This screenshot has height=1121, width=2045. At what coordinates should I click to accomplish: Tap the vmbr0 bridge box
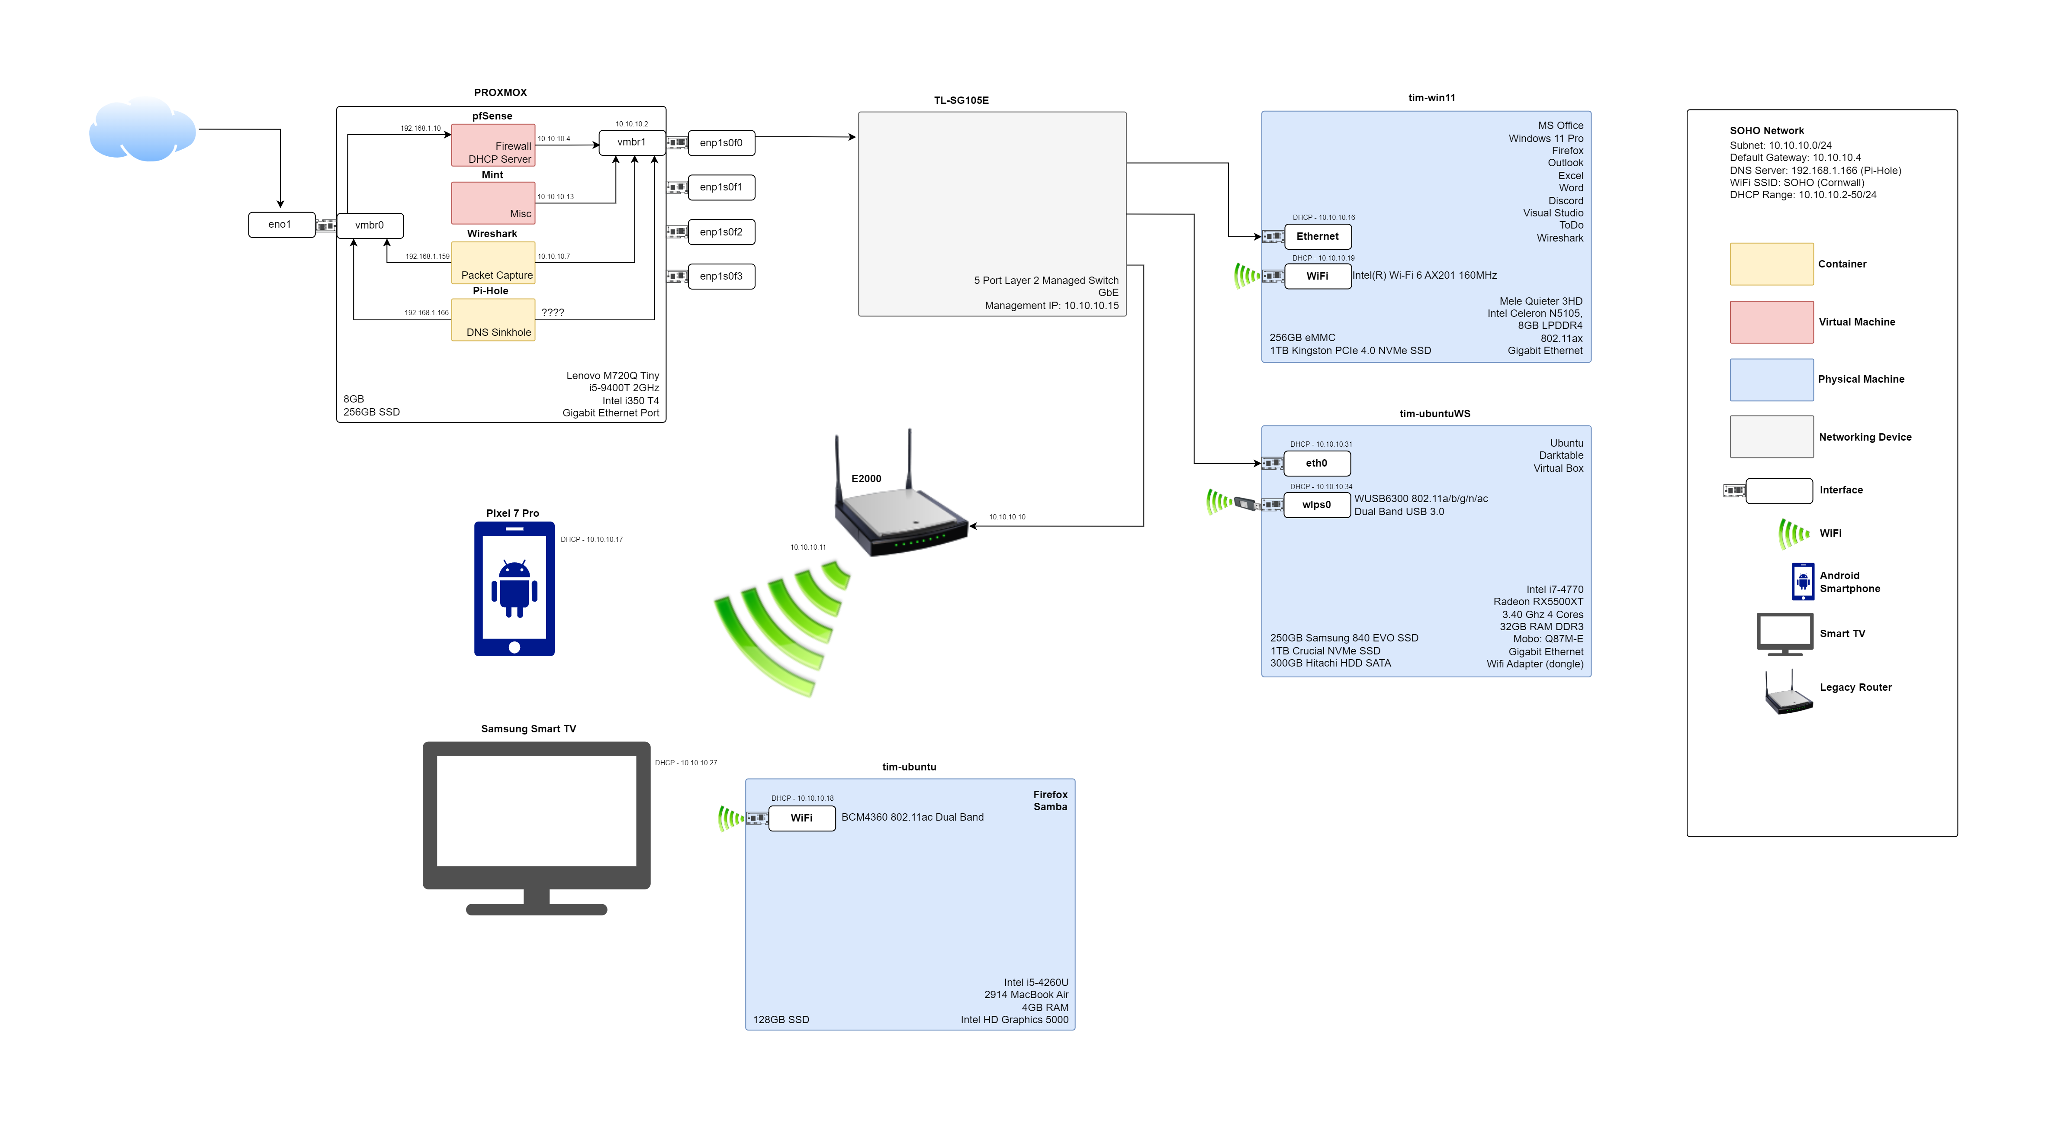point(370,225)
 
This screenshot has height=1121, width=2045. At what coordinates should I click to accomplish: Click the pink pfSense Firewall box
point(493,145)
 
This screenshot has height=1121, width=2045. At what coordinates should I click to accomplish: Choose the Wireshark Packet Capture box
point(493,263)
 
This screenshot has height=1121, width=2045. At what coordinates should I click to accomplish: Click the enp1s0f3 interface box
point(721,276)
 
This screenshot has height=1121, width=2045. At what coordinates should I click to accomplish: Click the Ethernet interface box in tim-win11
point(1317,237)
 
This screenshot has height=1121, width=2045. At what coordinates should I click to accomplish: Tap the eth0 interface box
point(1316,464)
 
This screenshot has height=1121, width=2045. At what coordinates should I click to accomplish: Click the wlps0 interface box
point(1316,505)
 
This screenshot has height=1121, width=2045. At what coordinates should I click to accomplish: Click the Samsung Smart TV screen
point(537,811)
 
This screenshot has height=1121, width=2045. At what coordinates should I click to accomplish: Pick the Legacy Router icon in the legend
point(1788,692)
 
